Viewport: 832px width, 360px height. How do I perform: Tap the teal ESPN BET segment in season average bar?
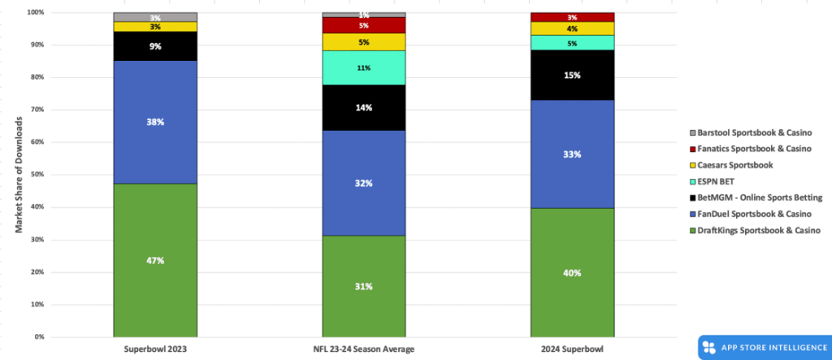[x=364, y=67]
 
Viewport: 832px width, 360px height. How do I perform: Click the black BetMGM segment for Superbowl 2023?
[x=155, y=46]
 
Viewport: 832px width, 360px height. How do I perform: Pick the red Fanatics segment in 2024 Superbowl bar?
[x=572, y=17]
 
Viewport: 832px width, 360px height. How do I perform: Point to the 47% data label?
[x=155, y=261]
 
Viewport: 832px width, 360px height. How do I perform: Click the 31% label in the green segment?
[x=364, y=286]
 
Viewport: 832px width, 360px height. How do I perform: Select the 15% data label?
[x=572, y=75]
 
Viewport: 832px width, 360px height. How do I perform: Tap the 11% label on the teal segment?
[x=364, y=68]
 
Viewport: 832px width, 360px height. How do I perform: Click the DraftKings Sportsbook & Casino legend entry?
[x=752, y=231]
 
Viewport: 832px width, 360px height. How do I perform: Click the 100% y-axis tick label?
[x=34, y=13]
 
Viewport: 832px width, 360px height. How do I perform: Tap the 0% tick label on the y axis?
[x=37, y=337]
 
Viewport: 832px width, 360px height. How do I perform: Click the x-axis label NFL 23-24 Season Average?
[x=364, y=349]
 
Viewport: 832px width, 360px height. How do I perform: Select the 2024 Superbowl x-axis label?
[x=572, y=349]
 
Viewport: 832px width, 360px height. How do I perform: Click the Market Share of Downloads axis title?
[x=18, y=175]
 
